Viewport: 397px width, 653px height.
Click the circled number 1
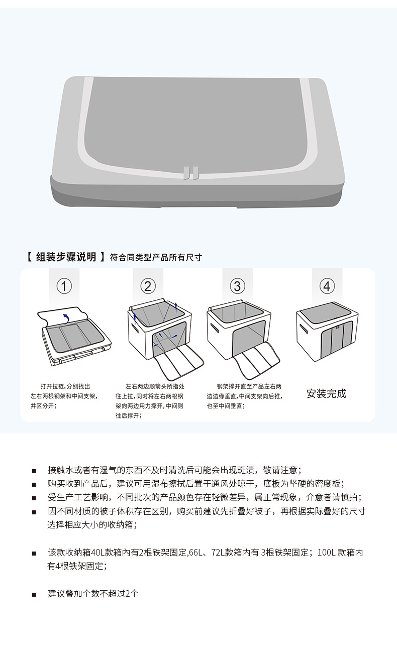pos(64,286)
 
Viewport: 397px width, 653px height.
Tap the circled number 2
pos(148,286)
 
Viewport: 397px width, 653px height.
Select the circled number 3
pos(237,286)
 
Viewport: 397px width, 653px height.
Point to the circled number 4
pos(327,286)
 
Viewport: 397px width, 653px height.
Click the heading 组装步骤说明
pos(66,257)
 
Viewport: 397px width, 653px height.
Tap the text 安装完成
pos(327,393)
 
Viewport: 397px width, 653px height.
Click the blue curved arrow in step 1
pos(65,317)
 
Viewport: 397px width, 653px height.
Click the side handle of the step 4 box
pos(303,331)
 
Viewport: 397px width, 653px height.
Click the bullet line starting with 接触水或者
pos(174,470)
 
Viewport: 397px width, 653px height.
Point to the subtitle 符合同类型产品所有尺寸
pos(156,258)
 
